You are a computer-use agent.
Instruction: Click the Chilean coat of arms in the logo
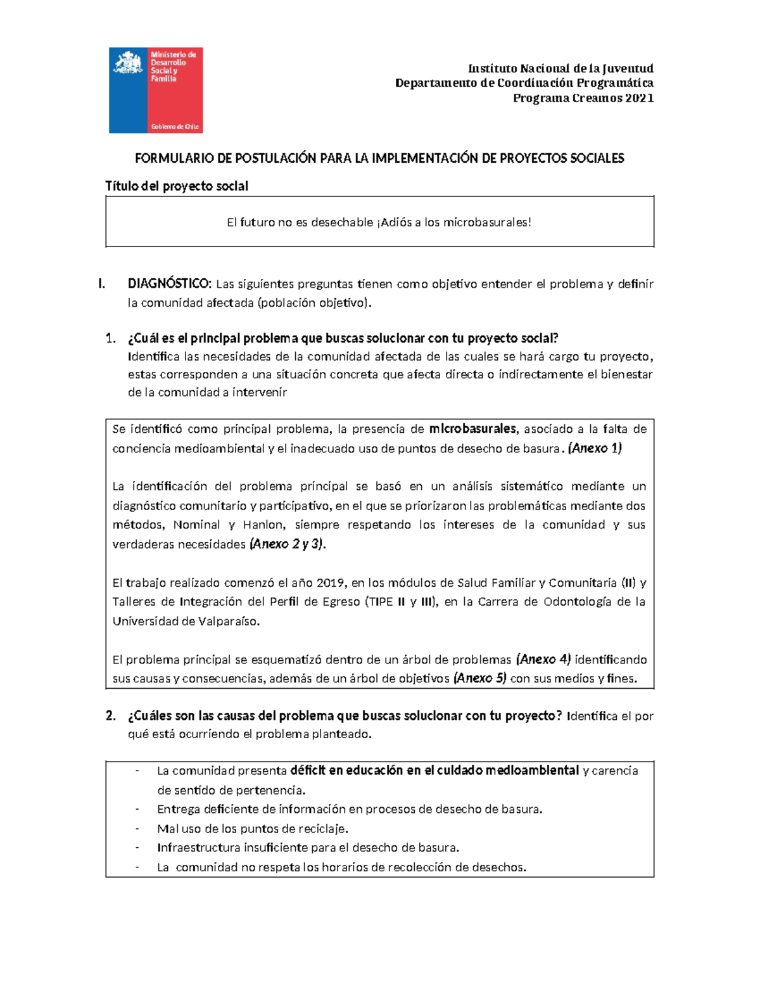[x=129, y=64]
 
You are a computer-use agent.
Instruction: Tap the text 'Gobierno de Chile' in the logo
[x=174, y=127]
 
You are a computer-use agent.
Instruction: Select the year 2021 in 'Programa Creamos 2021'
[x=639, y=98]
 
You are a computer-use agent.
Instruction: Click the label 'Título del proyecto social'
[x=177, y=186]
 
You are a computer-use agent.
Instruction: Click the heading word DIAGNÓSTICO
[x=169, y=284]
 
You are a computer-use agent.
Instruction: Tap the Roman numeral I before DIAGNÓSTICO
[x=101, y=284]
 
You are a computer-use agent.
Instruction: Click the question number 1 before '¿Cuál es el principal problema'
[x=110, y=338]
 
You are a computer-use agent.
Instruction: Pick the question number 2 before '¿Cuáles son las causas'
[x=110, y=716]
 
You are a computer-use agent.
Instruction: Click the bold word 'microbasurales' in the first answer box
[x=473, y=429]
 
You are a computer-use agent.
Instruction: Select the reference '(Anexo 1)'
[x=595, y=449]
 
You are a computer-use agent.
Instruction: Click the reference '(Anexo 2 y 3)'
[x=288, y=544]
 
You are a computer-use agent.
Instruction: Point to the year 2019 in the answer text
[x=330, y=583]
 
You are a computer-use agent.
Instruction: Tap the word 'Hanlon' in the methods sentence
[x=263, y=525]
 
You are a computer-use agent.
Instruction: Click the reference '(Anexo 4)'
[x=543, y=660]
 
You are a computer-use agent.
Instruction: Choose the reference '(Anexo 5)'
[x=479, y=679]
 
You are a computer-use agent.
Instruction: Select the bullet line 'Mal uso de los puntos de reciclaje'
[x=252, y=829]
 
